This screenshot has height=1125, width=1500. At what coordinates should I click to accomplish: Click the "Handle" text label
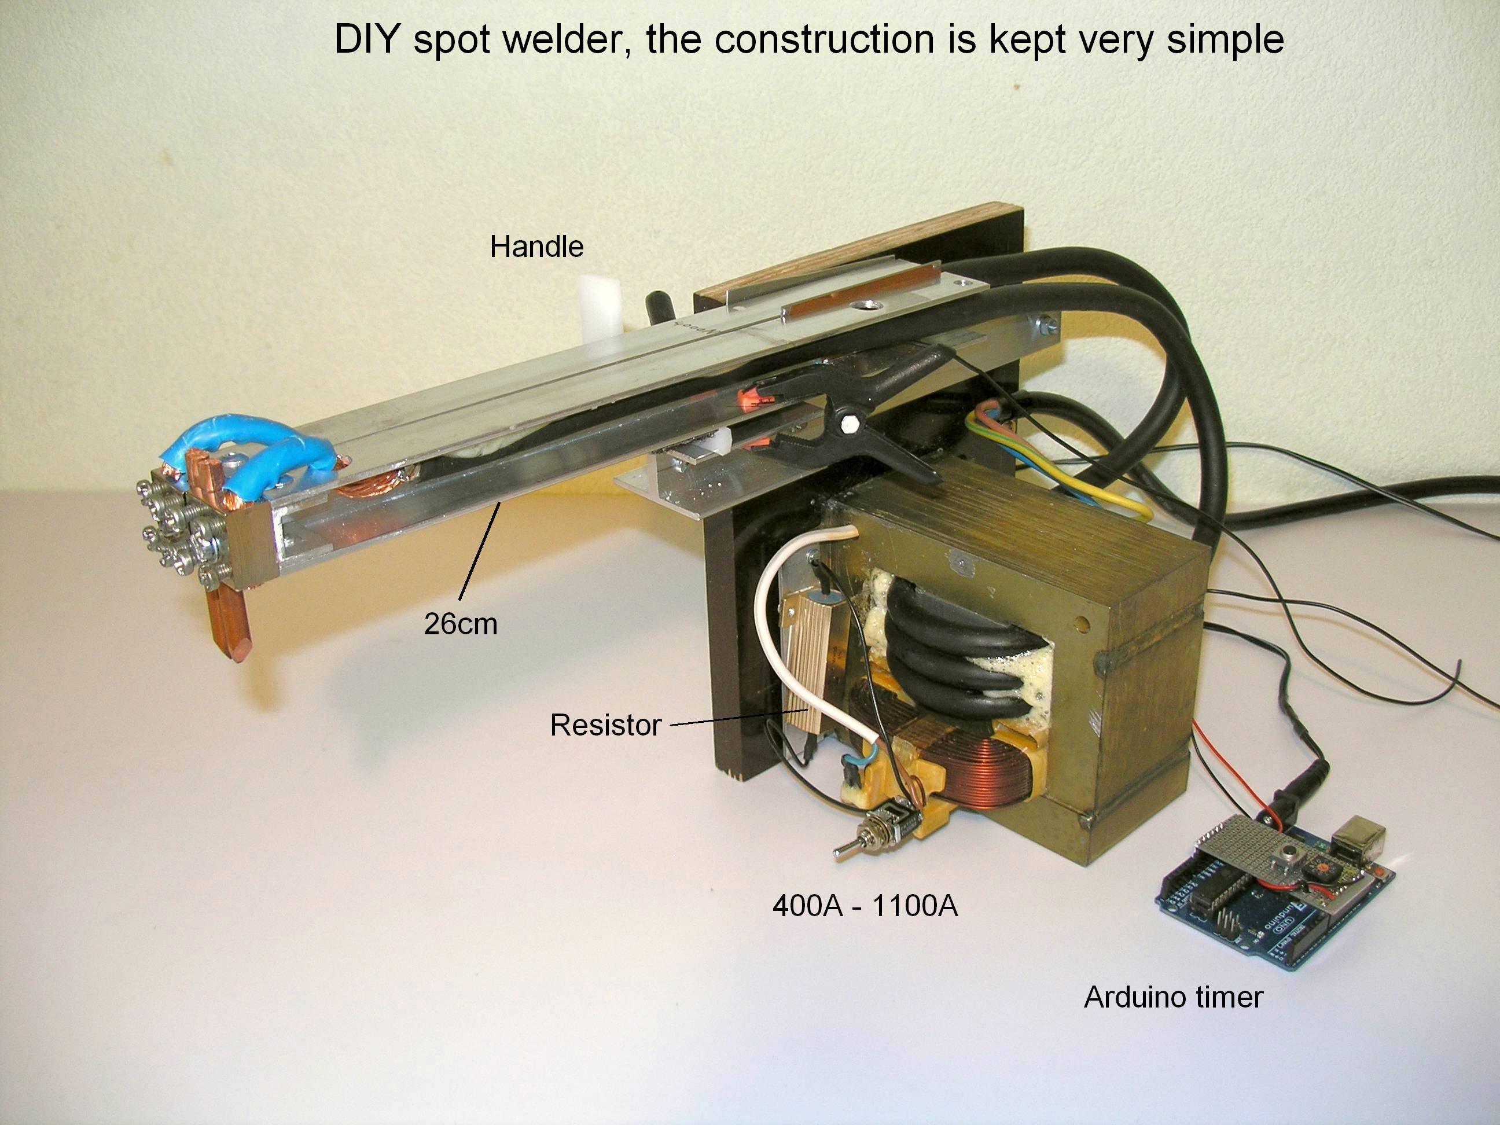tap(536, 247)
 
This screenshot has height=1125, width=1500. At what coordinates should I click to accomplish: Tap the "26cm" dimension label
tap(461, 624)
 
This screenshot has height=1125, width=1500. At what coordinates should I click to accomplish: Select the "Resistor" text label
tap(605, 725)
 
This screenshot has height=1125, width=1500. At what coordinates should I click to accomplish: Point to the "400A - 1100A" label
tap(865, 906)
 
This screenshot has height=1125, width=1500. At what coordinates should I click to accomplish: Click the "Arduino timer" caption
tap(1173, 997)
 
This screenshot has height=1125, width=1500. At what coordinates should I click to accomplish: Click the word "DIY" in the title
tap(366, 39)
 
